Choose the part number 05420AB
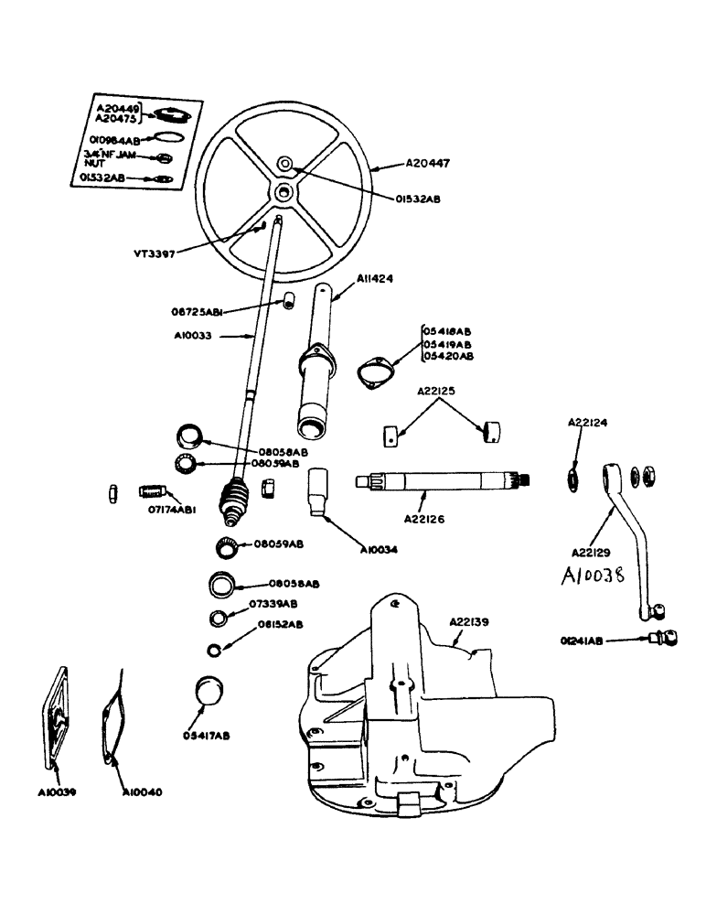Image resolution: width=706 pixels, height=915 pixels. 448,356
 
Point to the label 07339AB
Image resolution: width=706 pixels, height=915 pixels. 272,604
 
